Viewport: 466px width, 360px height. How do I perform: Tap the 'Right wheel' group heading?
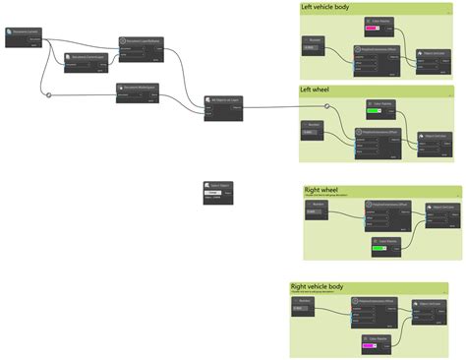coord(323,190)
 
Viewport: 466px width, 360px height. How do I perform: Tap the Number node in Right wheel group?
coord(316,209)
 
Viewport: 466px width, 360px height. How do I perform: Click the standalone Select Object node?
coord(217,191)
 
